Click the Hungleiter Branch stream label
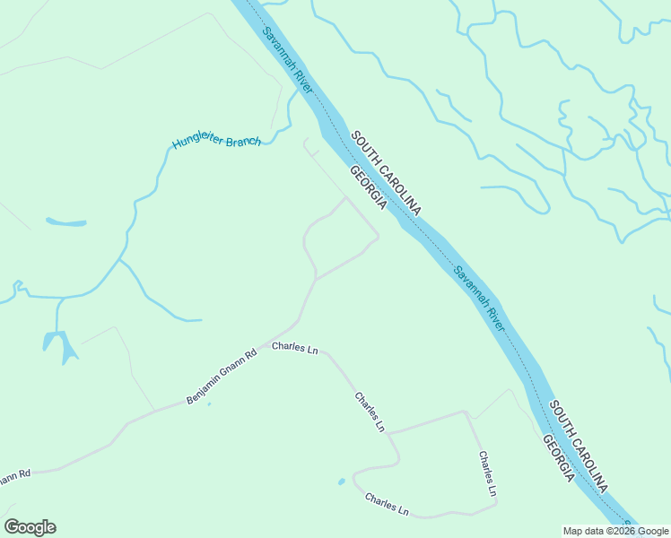pos(216,142)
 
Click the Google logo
pos(30,527)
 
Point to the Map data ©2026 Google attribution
pos(615,531)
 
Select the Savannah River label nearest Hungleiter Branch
pos(288,60)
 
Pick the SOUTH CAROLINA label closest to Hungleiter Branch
pos(386,173)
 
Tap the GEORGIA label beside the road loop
pos(368,188)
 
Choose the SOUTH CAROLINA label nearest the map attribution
pos(579,447)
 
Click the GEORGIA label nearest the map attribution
pos(558,459)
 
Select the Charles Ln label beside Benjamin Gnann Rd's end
pos(295,347)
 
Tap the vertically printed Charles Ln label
pos(485,473)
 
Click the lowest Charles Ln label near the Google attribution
pos(387,504)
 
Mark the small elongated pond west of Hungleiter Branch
pos(66,222)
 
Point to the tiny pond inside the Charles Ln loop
pos(342,482)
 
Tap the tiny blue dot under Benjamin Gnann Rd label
pos(209,403)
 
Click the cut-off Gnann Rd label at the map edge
pos(15,475)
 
